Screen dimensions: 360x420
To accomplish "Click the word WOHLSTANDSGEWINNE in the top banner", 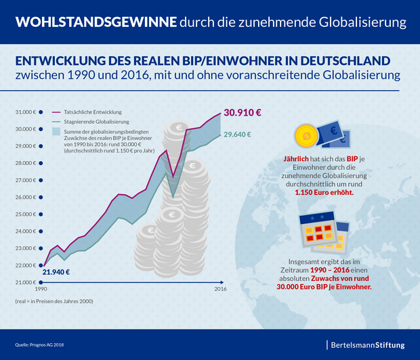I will coord(96,22).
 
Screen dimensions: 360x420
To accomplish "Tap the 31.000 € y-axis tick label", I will coord(25,112).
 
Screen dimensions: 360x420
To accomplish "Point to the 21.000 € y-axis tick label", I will coord(25,282).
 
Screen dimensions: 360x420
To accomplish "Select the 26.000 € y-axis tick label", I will coord(25,197).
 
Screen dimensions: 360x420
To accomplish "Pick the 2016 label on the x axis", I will coord(220,289).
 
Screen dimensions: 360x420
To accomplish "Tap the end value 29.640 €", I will coord(238,134).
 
